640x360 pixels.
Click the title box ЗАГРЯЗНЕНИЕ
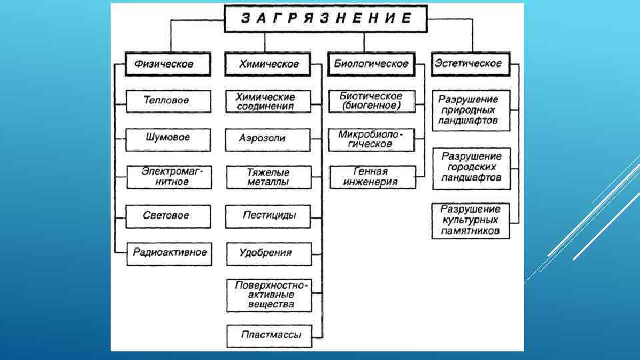(x=325, y=19)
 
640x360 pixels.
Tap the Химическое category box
(x=269, y=65)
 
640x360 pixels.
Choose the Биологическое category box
(x=371, y=65)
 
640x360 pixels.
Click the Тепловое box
(x=168, y=101)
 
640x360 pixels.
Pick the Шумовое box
(x=168, y=138)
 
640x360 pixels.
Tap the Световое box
(x=168, y=216)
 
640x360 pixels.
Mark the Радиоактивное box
(x=169, y=253)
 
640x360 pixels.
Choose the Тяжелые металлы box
(x=268, y=177)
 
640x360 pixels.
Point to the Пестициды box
(x=268, y=216)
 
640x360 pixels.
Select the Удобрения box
(x=268, y=253)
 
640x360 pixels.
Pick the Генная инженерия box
(x=371, y=177)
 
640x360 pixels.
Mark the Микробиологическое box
(x=371, y=139)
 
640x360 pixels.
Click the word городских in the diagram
(x=471, y=167)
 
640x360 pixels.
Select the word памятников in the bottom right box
(x=471, y=231)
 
